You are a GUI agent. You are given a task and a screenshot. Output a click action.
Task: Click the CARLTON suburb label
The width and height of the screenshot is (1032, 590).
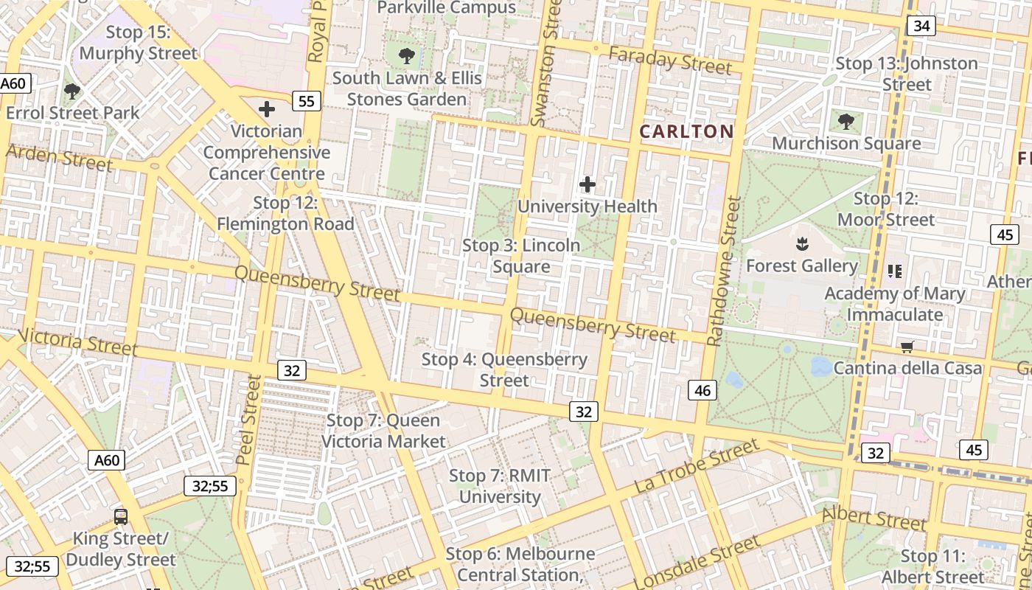click(686, 132)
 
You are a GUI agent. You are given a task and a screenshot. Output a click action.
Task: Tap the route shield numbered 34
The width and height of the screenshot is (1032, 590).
click(921, 27)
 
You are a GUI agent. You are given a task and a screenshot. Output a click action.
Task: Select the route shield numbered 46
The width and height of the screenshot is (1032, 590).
click(702, 390)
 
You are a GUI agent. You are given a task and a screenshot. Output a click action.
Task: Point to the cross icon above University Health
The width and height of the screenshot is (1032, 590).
click(588, 184)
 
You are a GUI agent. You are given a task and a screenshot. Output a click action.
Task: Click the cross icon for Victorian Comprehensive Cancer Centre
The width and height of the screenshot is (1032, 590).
click(267, 109)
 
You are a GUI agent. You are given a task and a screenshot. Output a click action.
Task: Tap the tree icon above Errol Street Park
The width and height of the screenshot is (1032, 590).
click(72, 91)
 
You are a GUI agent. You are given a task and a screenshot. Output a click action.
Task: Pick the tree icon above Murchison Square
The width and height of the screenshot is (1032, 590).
click(846, 121)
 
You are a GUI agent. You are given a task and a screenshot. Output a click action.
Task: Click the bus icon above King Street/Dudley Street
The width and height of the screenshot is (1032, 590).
click(121, 516)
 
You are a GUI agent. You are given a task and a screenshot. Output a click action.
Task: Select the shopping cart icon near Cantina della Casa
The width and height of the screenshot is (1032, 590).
click(907, 346)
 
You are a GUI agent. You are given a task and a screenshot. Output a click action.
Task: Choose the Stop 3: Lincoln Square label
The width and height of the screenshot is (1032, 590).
click(521, 256)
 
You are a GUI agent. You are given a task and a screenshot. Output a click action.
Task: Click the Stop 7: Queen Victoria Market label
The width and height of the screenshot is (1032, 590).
click(383, 431)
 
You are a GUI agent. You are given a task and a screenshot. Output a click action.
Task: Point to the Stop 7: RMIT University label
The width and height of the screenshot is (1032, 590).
click(500, 486)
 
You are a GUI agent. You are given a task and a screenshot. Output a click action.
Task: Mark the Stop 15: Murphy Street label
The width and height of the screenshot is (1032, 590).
click(139, 43)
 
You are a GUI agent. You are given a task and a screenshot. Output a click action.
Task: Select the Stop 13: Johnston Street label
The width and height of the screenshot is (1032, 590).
click(907, 74)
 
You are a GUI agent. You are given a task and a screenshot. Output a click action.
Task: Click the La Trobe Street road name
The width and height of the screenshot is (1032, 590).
click(696, 466)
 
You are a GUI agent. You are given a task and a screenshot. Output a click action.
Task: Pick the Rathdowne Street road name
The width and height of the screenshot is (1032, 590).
click(723, 271)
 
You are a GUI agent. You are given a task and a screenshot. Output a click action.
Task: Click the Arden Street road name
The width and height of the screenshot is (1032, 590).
click(59, 158)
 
